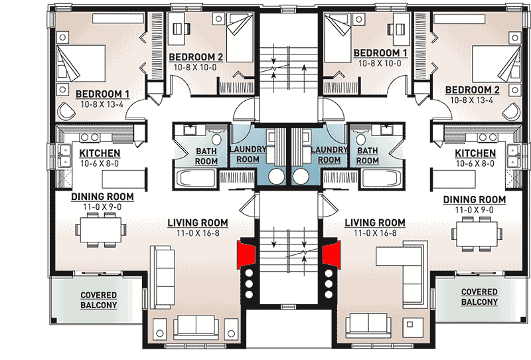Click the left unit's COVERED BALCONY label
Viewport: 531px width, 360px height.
tap(99, 300)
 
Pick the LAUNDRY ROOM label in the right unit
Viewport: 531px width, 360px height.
tap(329, 155)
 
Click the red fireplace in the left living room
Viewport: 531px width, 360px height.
tap(246, 254)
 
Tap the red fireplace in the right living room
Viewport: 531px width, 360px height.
tap(331, 254)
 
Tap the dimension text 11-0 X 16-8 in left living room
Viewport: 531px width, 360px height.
tap(197, 233)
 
